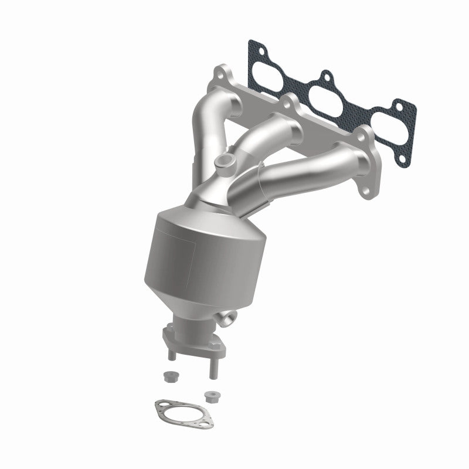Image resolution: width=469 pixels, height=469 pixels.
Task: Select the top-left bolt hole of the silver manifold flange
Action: (222, 73)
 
